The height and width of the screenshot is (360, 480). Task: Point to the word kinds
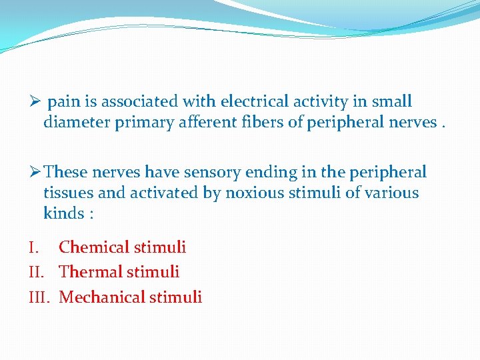(64, 214)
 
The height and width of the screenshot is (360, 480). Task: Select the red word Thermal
(89, 272)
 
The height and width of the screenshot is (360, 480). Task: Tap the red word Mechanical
(100, 297)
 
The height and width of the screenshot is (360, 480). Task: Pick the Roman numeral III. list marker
(40, 297)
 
